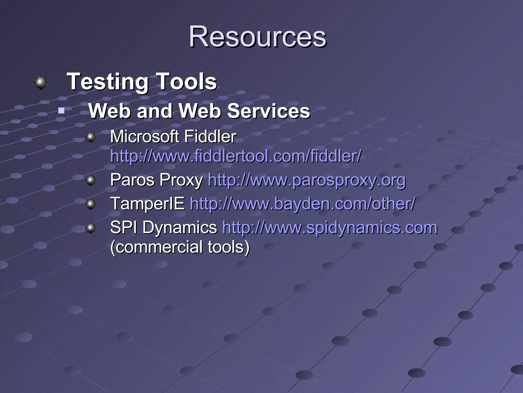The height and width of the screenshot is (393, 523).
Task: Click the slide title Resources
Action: pos(257,37)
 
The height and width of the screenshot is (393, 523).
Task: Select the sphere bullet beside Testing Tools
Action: pos(41,83)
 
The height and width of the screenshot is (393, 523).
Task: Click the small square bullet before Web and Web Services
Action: pos(61,111)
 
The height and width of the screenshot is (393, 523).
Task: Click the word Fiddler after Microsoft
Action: pos(210,137)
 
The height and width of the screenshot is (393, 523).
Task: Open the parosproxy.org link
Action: pos(306,180)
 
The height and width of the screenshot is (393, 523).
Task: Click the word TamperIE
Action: pos(147,204)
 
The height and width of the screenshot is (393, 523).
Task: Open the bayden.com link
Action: pos(302,204)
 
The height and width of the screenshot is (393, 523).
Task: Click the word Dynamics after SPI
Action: pos(180,227)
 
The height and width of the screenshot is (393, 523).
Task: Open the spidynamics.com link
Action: pos(330,227)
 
